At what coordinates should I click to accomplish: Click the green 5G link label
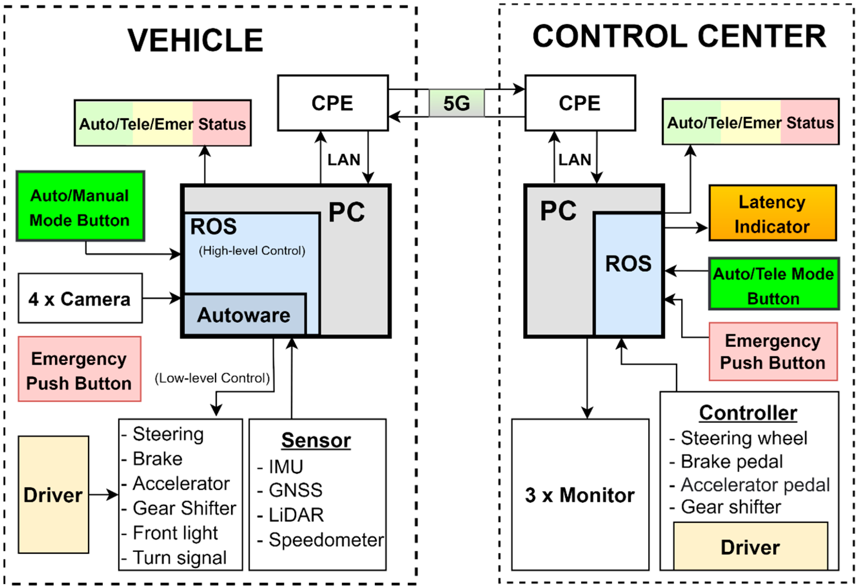[456, 103]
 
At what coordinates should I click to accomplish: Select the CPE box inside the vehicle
[333, 103]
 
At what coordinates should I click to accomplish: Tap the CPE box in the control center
[580, 103]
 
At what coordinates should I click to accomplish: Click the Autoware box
[244, 315]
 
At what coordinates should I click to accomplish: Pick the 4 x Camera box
[80, 299]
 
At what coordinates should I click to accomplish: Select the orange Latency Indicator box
[772, 214]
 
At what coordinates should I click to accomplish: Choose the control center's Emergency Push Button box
[773, 352]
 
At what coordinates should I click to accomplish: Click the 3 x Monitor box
[580, 495]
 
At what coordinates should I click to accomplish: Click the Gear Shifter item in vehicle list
[184, 508]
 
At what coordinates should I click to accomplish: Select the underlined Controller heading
[748, 413]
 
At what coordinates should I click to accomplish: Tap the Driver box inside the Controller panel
[750, 547]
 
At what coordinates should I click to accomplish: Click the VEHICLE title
[195, 40]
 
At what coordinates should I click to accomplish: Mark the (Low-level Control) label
[212, 378]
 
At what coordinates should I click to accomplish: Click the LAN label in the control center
[574, 160]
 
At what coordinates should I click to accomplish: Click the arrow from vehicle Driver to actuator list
[103, 495]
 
